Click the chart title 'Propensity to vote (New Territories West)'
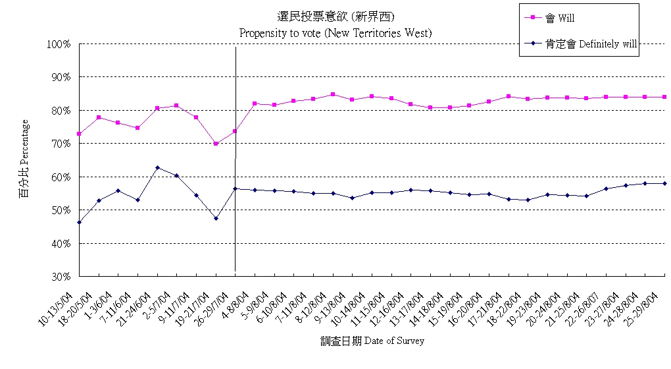tap(335, 32)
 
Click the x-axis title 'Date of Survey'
tap(372, 341)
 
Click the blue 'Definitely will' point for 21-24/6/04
tap(157, 167)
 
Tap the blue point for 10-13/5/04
tap(79, 222)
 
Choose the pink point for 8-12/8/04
tap(333, 94)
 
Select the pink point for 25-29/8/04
tap(664, 97)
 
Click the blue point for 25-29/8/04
tap(664, 183)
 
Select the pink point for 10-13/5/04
tap(79, 134)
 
